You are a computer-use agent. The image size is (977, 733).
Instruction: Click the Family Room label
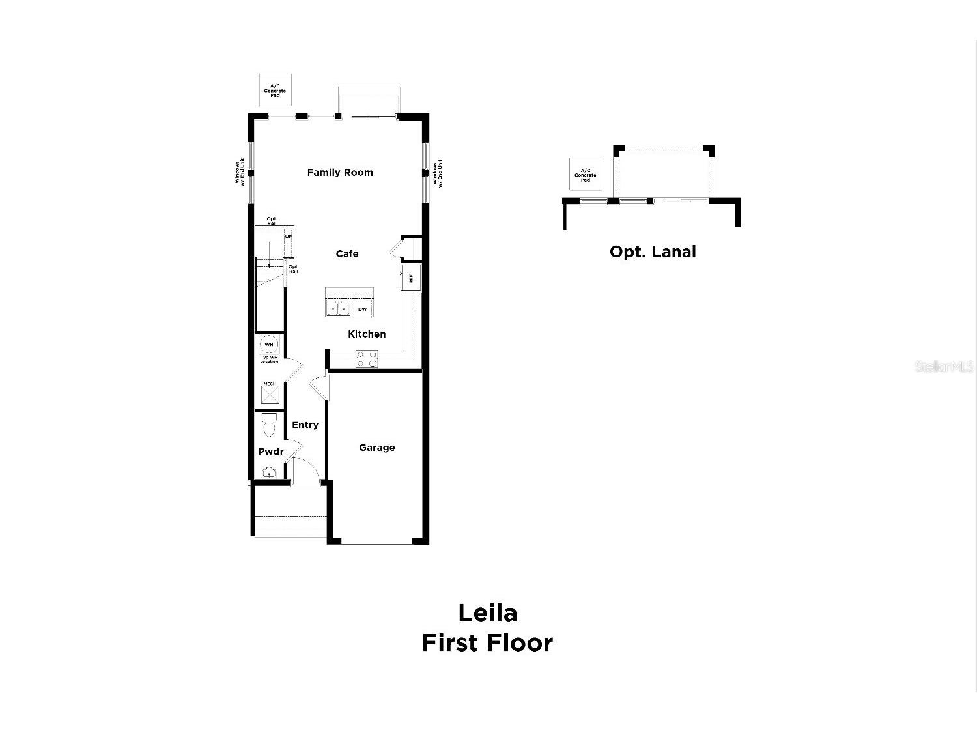coord(340,173)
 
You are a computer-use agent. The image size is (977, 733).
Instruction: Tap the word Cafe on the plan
coord(347,254)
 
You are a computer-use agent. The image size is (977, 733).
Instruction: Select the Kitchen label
coord(367,334)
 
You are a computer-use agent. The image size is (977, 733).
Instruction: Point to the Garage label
coord(377,448)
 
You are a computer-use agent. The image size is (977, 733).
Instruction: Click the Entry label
coord(305,425)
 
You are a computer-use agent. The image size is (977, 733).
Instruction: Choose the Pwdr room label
coord(271,452)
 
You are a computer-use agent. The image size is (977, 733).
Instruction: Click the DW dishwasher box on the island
coord(362,309)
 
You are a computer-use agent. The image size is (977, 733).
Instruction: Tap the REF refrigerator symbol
coord(411,278)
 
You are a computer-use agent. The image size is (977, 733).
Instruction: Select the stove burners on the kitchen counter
coord(367,359)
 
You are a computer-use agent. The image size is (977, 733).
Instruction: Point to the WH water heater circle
coord(269,344)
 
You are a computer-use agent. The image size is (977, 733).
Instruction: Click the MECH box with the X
coord(270,395)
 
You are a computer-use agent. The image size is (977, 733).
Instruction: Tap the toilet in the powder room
coord(269,425)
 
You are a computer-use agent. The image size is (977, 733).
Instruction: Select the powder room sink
coord(268,473)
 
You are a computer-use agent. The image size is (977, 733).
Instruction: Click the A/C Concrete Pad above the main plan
coord(275,91)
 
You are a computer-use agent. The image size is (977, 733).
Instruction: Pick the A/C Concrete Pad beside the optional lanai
coord(586,175)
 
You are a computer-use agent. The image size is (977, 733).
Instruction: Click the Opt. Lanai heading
coord(653,252)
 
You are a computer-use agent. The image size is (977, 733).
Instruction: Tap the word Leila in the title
coord(487,612)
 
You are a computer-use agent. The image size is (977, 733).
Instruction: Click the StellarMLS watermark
coord(944,367)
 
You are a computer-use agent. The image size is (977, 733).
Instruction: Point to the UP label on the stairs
coord(288,237)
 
